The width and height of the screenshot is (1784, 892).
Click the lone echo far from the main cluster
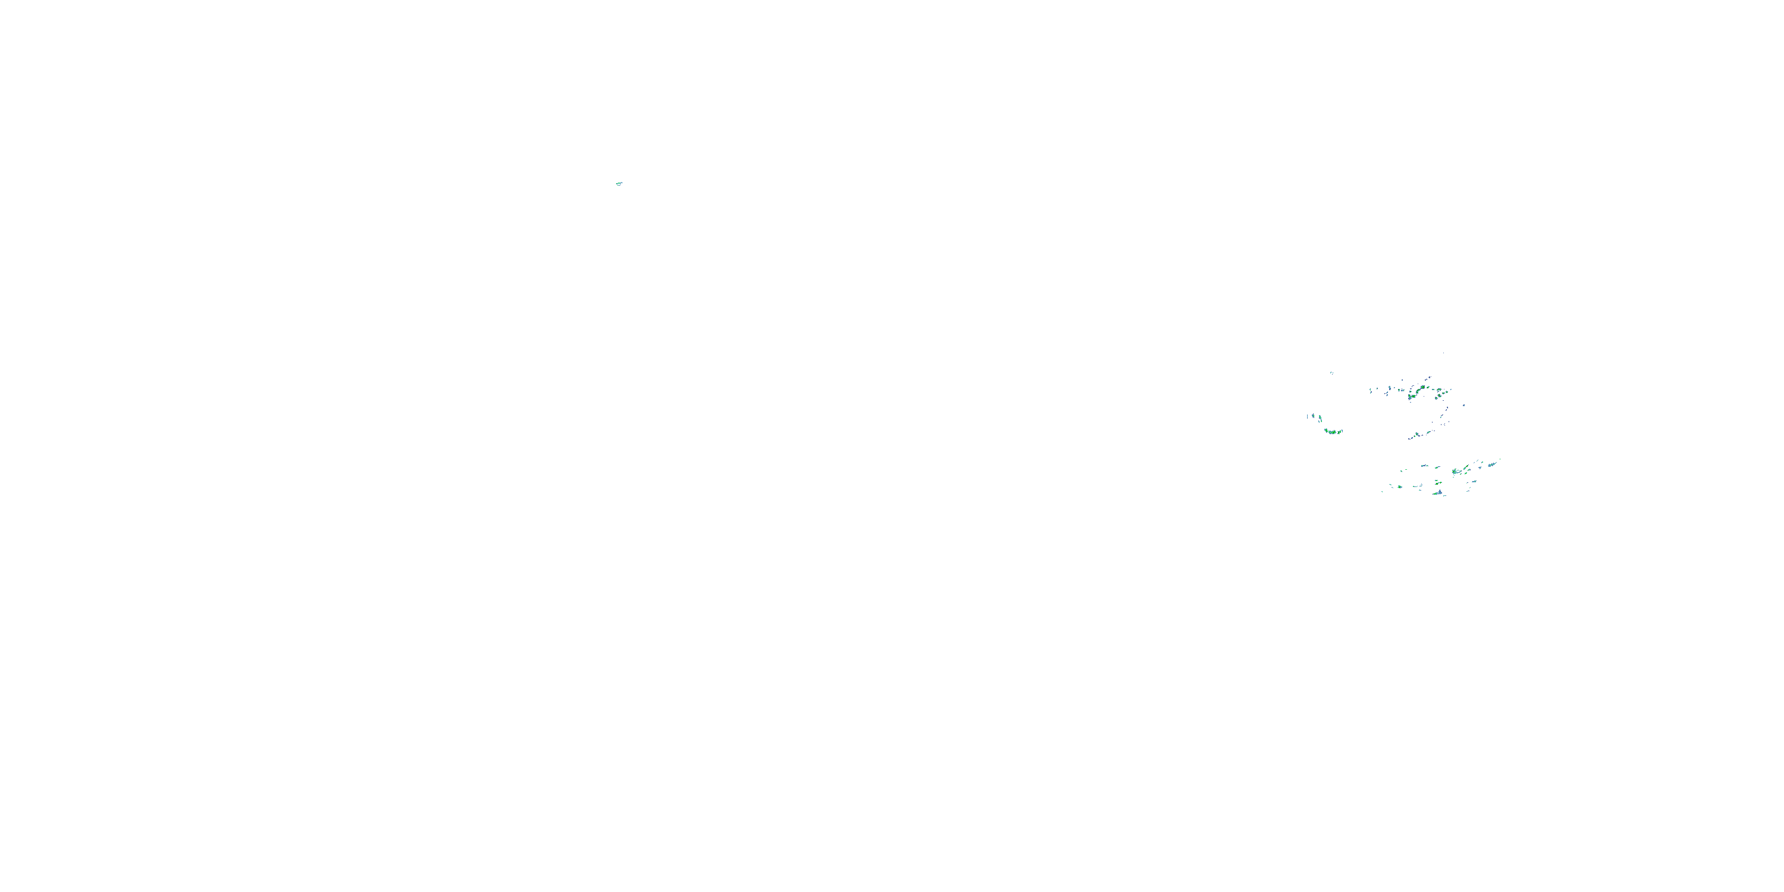coord(618,184)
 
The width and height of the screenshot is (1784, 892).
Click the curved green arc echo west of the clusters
coord(1333,432)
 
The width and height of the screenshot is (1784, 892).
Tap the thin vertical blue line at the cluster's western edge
coord(1308,416)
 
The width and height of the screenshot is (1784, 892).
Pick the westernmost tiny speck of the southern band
coord(1383,491)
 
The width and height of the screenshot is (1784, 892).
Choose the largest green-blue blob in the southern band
coord(1455,472)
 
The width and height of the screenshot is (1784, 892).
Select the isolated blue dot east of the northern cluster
coord(1463,405)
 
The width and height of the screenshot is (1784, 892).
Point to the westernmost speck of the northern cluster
coord(1370,391)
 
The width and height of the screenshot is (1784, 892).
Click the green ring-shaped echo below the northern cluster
coord(1418,434)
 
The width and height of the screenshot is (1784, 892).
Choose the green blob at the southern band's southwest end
coord(1400,486)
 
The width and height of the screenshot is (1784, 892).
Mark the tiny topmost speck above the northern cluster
coord(1444,353)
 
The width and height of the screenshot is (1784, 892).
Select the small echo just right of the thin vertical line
coord(1313,416)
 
